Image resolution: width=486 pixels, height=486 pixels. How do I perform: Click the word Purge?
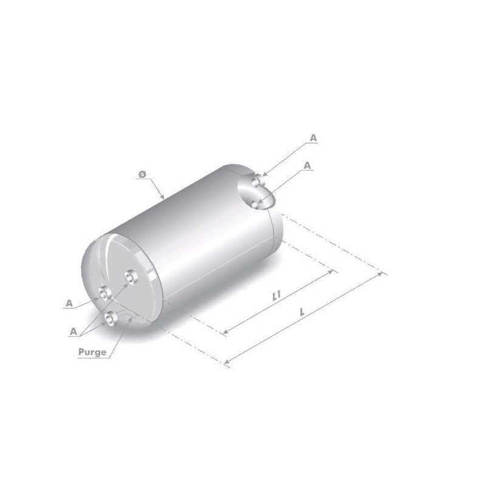coord(92,352)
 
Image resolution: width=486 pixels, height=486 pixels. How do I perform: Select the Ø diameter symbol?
coord(142,174)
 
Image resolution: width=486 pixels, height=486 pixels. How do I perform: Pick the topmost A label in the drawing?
coord(313,139)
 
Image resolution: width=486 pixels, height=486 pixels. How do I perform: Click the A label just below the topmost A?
coord(307,165)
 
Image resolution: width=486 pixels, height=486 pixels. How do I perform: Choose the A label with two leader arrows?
coord(73,331)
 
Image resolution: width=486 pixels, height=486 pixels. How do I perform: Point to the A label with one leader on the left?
coord(70,302)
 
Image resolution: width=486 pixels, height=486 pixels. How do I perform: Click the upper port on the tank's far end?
coord(258,180)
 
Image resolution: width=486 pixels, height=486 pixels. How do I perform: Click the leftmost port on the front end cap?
coord(106,294)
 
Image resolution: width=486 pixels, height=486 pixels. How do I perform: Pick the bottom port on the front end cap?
coord(111,318)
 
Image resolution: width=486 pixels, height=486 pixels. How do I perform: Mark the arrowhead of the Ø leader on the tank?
coord(163,198)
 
